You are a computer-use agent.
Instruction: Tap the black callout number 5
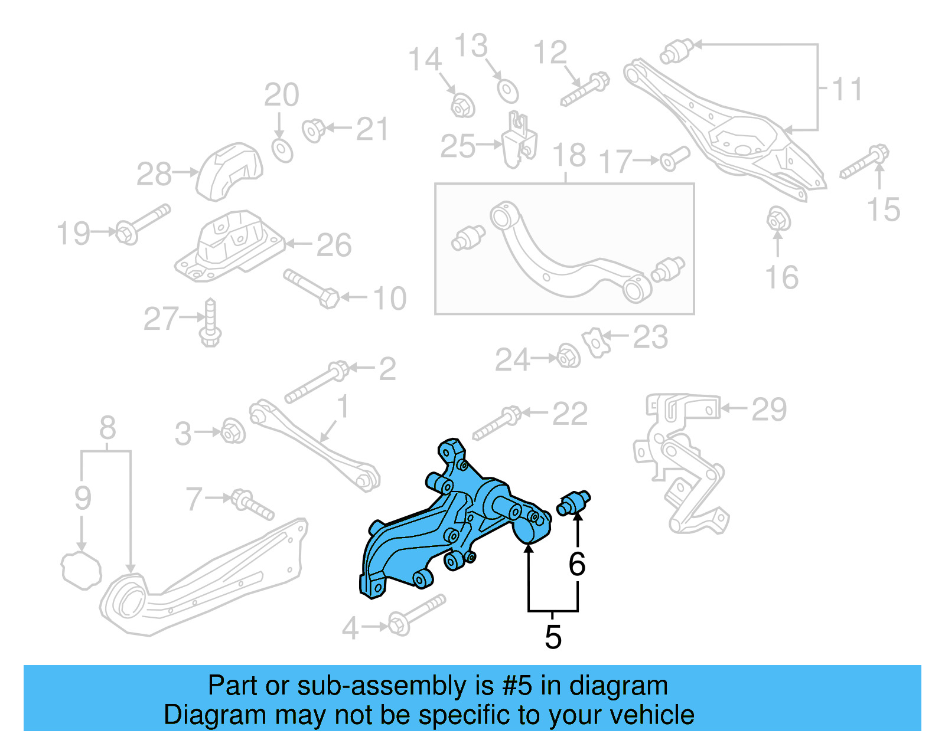pyautogui.click(x=553, y=637)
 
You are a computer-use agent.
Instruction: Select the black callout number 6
pyautogui.click(x=577, y=564)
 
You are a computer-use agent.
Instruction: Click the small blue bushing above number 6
pyautogui.click(x=573, y=503)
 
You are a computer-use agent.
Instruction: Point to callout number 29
pyautogui.click(x=769, y=409)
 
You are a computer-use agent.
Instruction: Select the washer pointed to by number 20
pyautogui.click(x=282, y=150)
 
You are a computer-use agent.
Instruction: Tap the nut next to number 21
pyautogui.click(x=313, y=130)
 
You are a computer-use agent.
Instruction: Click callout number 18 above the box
pyautogui.click(x=569, y=155)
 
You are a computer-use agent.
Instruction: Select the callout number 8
pyautogui.click(x=107, y=428)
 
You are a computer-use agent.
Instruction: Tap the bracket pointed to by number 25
pyautogui.click(x=519, y=142)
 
